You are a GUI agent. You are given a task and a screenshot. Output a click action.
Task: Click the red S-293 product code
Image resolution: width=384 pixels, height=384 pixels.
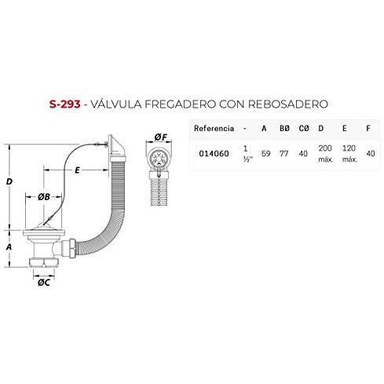[65, 104]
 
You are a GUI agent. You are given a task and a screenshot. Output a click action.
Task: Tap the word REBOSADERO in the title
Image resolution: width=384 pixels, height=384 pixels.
[287, 104]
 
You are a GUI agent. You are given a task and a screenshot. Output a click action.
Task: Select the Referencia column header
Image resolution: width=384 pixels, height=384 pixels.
[214, 128]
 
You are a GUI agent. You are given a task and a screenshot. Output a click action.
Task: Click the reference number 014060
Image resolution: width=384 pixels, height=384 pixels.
[214, 153]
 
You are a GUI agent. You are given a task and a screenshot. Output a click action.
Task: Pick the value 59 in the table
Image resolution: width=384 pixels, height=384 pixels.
[265, 153]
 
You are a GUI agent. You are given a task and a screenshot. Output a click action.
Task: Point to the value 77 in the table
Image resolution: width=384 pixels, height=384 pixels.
[284, 153]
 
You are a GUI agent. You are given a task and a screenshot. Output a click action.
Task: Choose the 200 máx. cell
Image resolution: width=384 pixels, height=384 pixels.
[325, 154]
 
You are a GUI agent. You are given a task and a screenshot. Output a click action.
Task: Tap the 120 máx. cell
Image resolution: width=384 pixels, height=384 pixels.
[349, 154]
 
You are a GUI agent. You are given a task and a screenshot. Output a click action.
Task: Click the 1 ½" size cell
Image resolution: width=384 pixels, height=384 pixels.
[247, 154]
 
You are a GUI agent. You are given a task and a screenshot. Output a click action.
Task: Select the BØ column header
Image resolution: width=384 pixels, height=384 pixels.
[284, 128]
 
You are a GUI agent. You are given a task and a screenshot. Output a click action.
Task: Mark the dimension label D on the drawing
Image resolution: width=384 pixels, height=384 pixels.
[9, 181]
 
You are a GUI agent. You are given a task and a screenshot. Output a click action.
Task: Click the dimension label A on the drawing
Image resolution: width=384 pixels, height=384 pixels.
[9, 247]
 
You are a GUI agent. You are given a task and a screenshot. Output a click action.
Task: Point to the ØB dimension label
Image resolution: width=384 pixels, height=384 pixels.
[44, 197]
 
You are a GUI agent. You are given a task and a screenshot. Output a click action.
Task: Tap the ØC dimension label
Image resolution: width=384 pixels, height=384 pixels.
[44, 283]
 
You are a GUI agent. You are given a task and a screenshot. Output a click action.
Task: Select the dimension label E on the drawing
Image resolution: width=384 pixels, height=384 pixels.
[77, 170]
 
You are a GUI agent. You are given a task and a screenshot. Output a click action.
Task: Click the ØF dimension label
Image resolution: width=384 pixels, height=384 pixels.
[160, 137]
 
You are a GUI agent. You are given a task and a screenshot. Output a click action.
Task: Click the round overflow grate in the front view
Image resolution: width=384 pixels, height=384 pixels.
[159, 159]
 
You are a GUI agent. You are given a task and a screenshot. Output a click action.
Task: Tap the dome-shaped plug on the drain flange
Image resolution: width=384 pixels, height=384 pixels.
[45, 225]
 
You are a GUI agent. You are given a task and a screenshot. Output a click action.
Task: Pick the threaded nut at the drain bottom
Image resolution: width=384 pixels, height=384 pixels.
[44, 262]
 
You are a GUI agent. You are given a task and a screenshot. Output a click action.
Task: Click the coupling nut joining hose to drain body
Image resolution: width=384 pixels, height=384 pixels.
[69, 247]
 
